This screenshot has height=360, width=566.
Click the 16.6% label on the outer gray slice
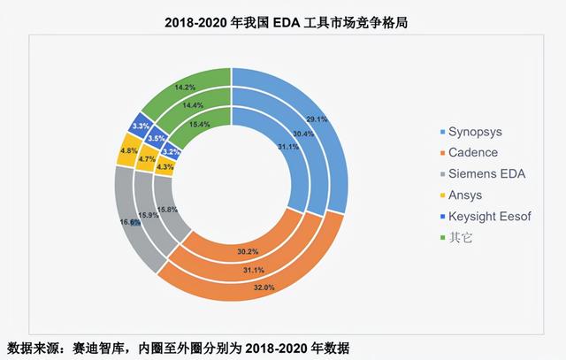coord(130,222)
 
